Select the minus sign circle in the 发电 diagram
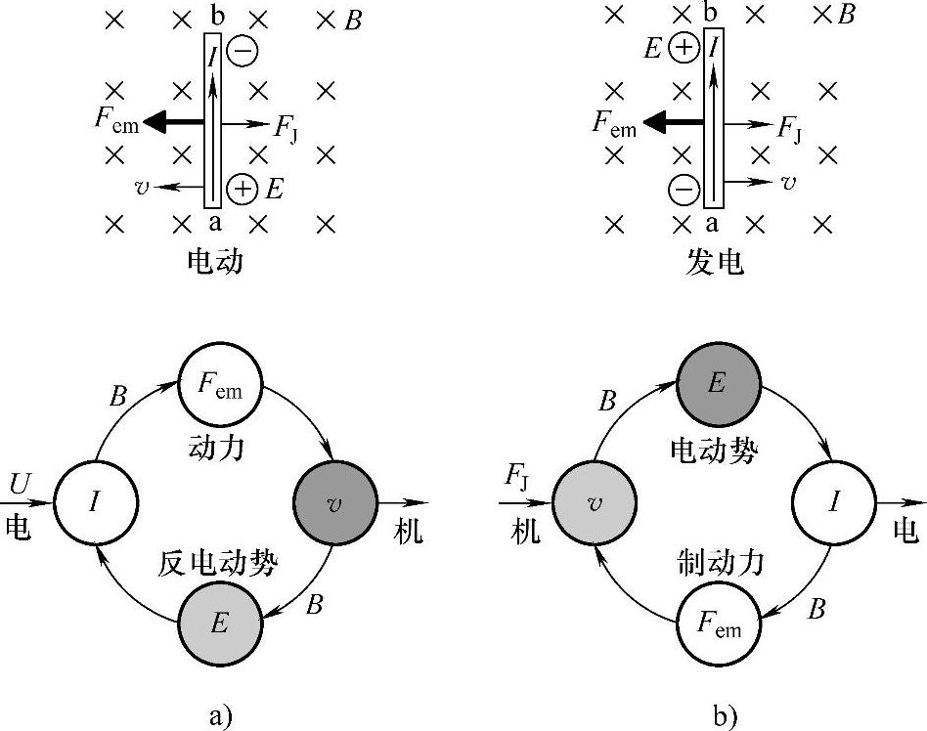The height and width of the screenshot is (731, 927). (684, 187)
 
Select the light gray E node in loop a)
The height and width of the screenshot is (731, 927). (220, 623)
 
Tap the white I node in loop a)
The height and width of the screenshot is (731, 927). (95, 502)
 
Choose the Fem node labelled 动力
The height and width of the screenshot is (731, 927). (220, 382)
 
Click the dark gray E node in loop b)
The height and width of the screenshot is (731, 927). (719, 382)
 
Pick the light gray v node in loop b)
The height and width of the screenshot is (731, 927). (594, 502)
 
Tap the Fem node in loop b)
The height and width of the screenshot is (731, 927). (719, 623)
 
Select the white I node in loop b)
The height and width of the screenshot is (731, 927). (834, 502)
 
